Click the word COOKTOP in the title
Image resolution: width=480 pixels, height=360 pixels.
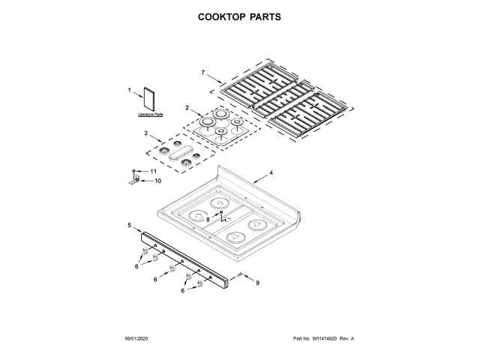pos(223,16)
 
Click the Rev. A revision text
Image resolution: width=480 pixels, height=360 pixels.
pos(346,339)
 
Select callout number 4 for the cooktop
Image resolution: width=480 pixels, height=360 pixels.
pos(271,174)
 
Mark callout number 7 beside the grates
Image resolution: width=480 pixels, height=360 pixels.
pos(202,72)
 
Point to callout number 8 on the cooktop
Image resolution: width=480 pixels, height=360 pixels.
pos(208,219)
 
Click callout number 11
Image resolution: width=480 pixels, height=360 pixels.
pos(154,172)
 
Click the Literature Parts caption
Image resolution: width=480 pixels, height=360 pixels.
pos(150,115)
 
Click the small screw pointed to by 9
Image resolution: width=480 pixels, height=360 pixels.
pos(239,277)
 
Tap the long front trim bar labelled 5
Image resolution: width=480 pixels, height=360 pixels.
pos(187,259)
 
